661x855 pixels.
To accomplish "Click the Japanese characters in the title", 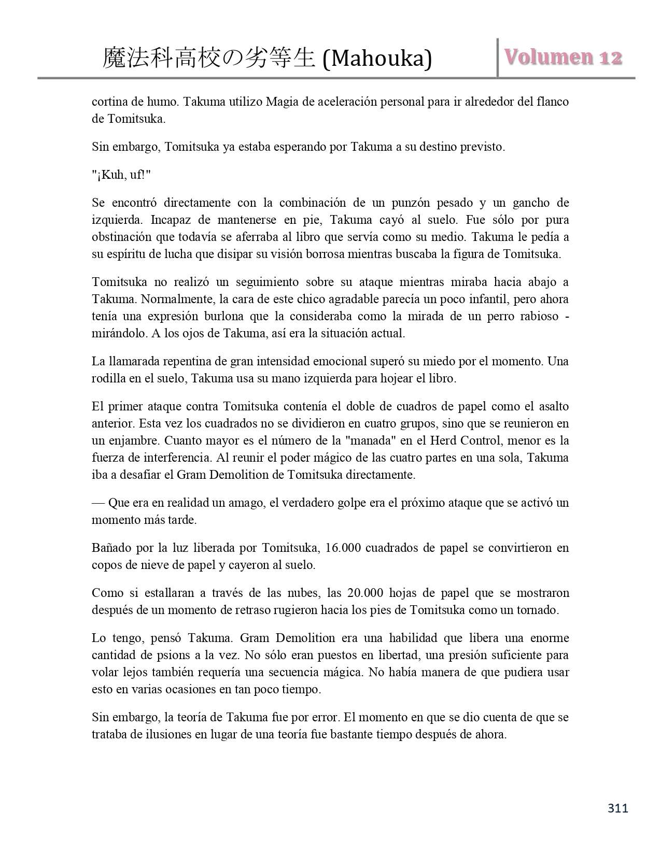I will pos(208,58).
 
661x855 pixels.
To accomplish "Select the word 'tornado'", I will pos(537,610).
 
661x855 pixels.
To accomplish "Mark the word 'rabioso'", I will pos(539,317).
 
